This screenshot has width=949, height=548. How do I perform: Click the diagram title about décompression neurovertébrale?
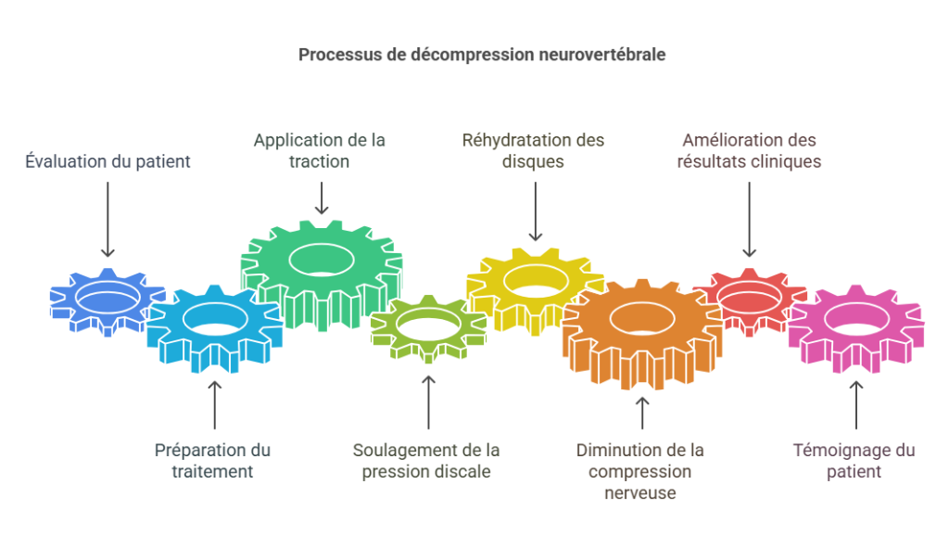[481, 55]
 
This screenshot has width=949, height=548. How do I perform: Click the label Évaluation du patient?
[108, 161]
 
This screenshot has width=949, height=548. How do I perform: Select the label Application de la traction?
[320, 150]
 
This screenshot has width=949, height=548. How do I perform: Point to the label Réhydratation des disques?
[533, 150]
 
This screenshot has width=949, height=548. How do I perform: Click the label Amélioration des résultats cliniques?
[749, 150]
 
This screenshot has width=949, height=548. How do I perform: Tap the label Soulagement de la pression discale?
[426, 461]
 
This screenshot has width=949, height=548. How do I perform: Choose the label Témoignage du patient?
[854, 461]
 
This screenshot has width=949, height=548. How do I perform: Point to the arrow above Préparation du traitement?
[215, 404]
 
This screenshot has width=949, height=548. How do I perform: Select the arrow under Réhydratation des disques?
[535, 212]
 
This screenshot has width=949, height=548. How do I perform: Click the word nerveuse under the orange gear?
[639, 493]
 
